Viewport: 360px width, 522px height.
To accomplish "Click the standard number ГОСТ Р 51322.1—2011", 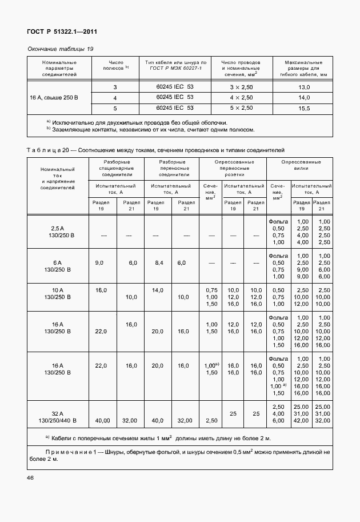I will [x=58, y=33].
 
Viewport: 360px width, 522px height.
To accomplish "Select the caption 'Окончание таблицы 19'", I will [x=60, y=49].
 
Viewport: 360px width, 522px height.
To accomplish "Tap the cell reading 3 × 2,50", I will [x=241, y=87].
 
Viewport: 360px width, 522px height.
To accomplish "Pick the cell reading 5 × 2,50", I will [x=241, y=107].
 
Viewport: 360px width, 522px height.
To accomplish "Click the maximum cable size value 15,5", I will [x=304, y=107].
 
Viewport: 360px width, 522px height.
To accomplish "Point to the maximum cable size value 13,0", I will [x=304, y=87].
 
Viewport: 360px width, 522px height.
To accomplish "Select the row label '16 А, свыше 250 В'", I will [x=54, y=97].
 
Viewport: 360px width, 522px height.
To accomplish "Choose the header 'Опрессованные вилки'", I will [x=301, y=166].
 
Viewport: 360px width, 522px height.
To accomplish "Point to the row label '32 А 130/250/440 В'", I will [x=58, y=417].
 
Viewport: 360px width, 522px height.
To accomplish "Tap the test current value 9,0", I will [x=99, y=262].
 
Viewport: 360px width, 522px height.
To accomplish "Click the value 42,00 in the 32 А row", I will [x=301, y=420].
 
